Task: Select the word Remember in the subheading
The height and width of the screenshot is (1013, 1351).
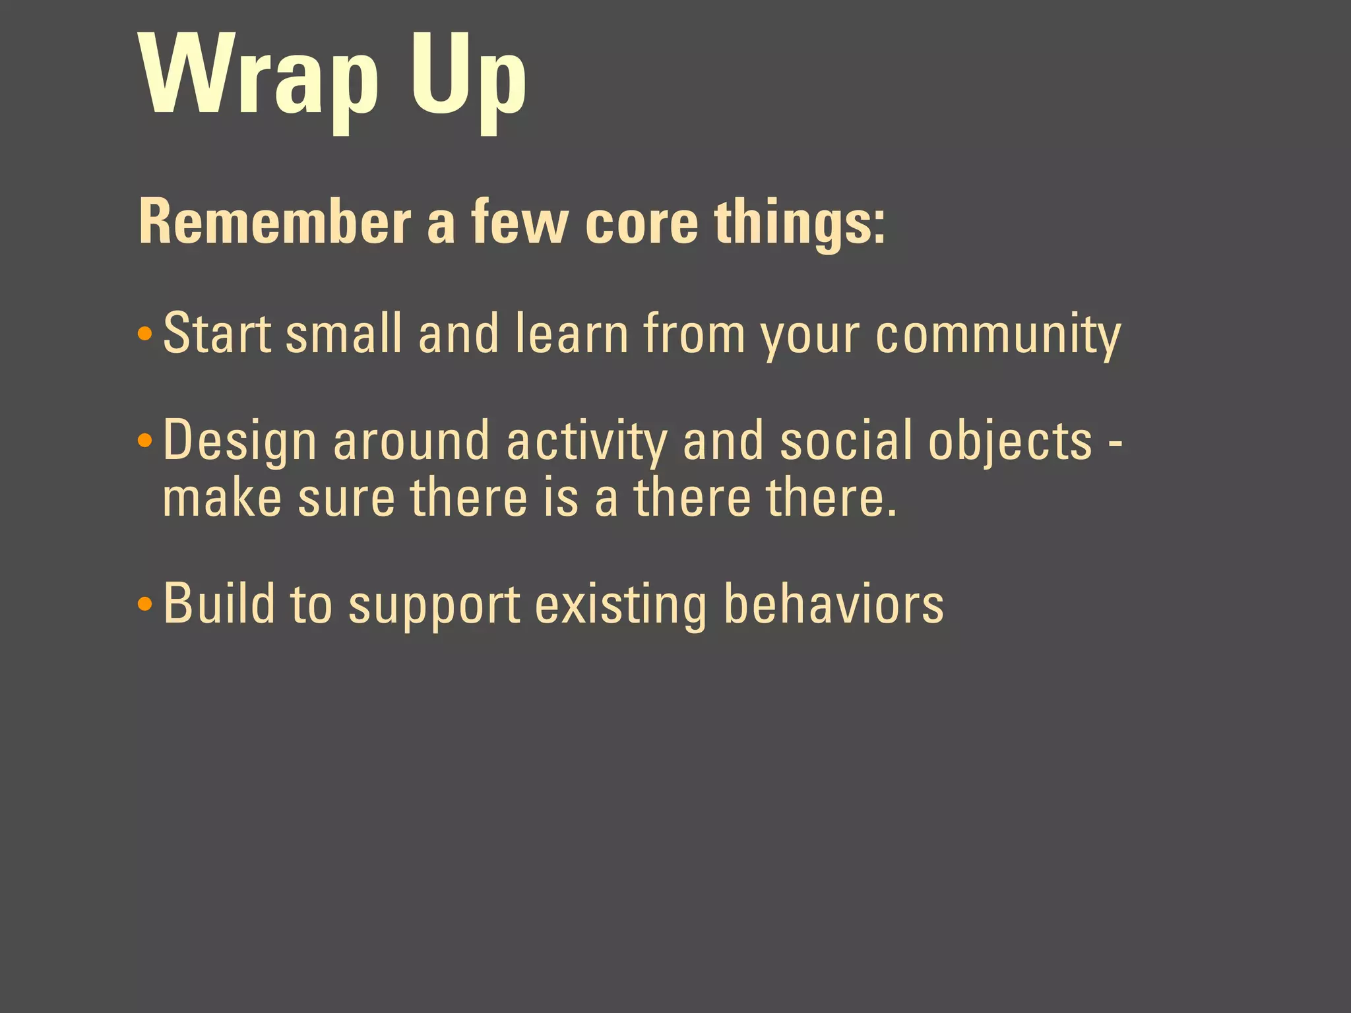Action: [x=274, y=222]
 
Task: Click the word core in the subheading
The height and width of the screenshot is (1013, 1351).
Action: [x=641, y=222]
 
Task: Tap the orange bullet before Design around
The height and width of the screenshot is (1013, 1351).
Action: [x=145, y=440]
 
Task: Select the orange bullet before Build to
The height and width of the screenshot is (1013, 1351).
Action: [x=145, y=603]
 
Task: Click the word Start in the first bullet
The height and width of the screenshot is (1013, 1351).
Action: [x=217, y=333]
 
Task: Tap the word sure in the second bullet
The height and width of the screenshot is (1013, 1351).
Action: [x=346, y=499]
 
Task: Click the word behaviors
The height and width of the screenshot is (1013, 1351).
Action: [x=834, y=603]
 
